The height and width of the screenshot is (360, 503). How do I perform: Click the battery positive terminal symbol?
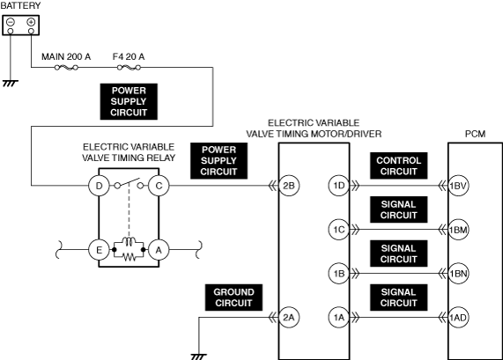(31, 22)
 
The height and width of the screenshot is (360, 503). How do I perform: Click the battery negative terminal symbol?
(11, 22)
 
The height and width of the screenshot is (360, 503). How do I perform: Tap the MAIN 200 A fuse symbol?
(66, 67)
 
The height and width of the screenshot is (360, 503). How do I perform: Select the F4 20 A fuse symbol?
(129, 67)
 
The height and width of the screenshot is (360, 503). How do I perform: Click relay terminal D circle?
(99, 186)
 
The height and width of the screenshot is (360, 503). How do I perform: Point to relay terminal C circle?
(159, 186)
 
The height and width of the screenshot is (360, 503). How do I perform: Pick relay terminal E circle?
(99, 250)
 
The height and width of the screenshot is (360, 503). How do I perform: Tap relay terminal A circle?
(159, 250)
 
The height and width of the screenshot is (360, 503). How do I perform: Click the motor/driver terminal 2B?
(289, 186)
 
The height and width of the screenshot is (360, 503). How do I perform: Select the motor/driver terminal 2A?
(289, 318)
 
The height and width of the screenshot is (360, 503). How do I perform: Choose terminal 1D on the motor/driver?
(339, 186)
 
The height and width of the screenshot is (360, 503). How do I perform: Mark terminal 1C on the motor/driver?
(339, 230)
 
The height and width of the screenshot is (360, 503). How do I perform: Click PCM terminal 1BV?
(458, 186)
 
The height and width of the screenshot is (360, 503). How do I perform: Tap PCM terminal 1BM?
(458, 230)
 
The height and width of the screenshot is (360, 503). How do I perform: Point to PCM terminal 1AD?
(458, 318)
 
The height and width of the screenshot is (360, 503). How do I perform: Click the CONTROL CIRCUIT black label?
(398, 165)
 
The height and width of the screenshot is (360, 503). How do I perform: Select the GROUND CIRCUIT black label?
(233, 298)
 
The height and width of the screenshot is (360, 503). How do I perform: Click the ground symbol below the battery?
(11, 84)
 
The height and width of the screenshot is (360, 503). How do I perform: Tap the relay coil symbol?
(129, 242)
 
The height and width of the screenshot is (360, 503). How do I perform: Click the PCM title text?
(475, 134)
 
